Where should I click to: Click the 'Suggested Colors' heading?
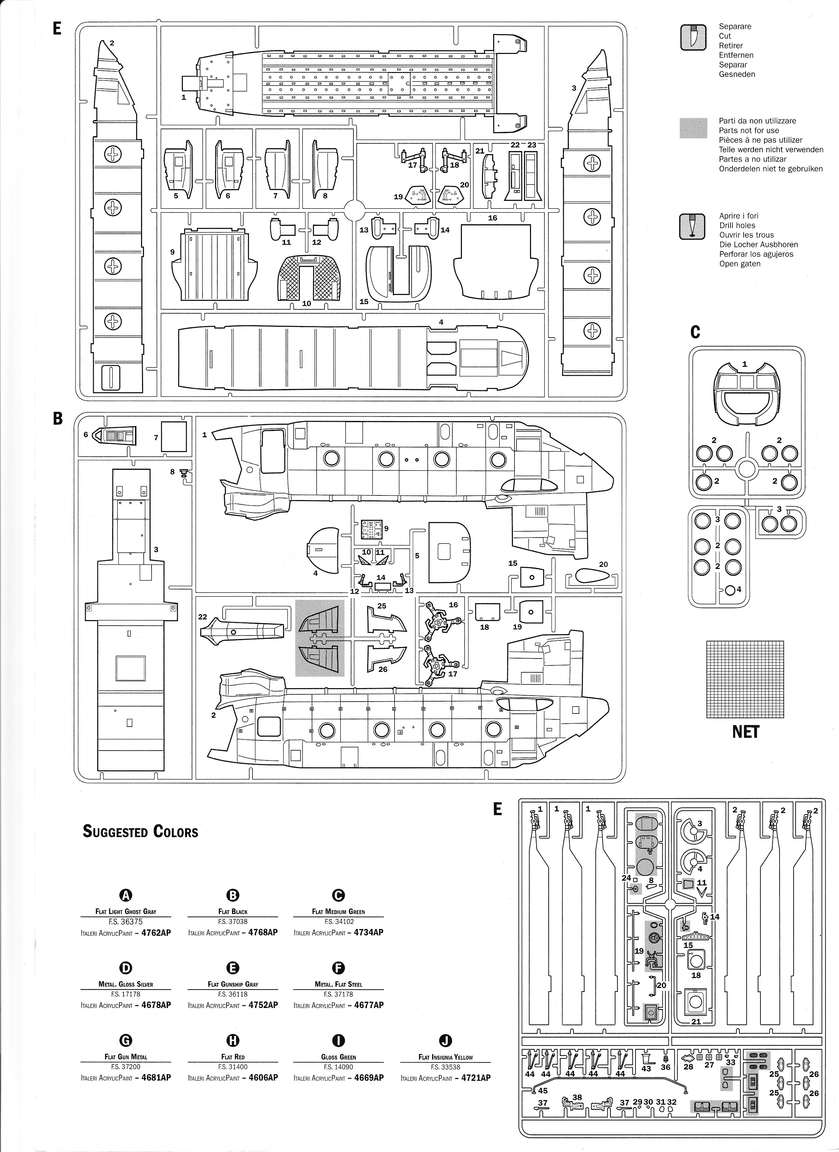(x=140, y=831)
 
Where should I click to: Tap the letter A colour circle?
(x=126, y=895)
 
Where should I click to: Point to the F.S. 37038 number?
(x=233, y=921)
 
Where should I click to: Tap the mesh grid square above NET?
(x=745, y=679)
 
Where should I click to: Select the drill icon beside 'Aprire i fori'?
(x=693, y=227)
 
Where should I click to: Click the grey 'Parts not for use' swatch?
(x=693, y=128)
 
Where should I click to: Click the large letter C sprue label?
(x=695, y=332)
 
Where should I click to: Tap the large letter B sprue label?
(x=58, y=419)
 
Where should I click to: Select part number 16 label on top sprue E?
(x=492, y=218)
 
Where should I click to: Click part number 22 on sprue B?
(x=203, y=617)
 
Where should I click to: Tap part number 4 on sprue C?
(x=739, y=590)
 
